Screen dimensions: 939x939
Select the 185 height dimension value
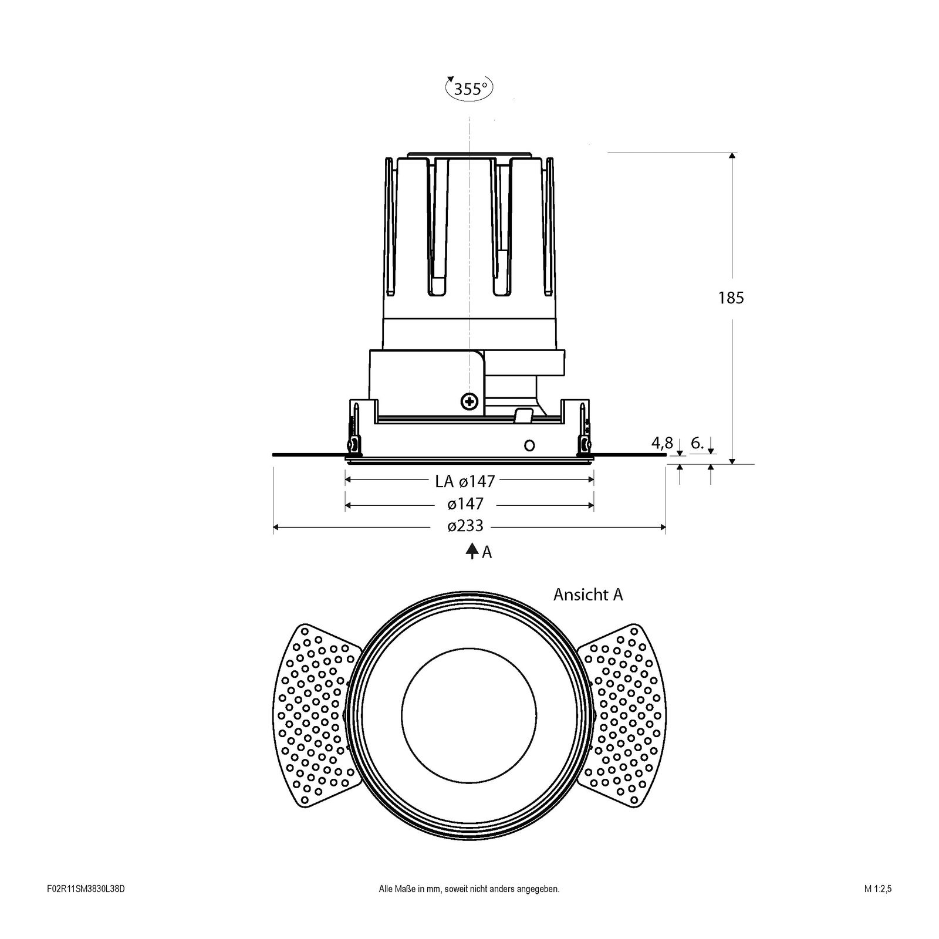click(731, 298)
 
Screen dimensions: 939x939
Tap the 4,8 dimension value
click(662, 443)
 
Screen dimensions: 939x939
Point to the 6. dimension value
click(697, 443)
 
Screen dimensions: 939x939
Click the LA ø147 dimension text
click(465, 482)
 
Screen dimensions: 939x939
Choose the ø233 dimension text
click(465, 526)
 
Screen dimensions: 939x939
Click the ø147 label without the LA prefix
click(465, 504)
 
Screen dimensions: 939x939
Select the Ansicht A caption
click(588, 595)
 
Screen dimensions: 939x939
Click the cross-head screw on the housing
click(469, 401)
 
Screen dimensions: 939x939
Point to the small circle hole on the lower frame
click(529, 445)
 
